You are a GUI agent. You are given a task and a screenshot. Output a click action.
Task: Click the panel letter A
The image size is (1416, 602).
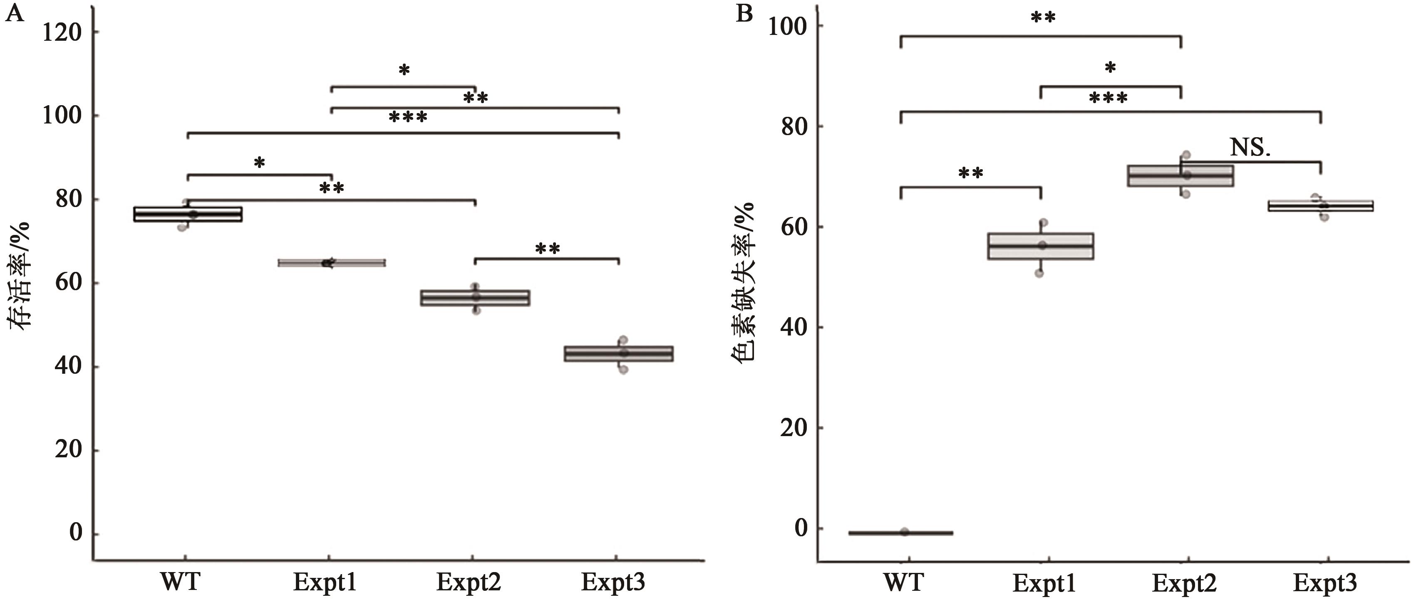pos(15,13)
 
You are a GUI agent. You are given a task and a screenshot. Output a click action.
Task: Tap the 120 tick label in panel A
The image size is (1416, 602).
pos(62,33)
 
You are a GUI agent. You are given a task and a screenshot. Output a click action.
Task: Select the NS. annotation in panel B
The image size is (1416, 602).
pos(1250,147)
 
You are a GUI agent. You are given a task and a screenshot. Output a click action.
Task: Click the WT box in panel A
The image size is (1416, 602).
pos(188,214)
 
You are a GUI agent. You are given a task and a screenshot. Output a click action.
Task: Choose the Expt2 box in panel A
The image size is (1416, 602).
pos(475,297)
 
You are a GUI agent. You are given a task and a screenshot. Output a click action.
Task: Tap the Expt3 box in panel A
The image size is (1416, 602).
pos(619,353)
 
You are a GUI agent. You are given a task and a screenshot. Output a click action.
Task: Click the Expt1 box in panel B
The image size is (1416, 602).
pos(1041,246)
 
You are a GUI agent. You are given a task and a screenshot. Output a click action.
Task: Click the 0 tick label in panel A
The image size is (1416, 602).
pos(75,533)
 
